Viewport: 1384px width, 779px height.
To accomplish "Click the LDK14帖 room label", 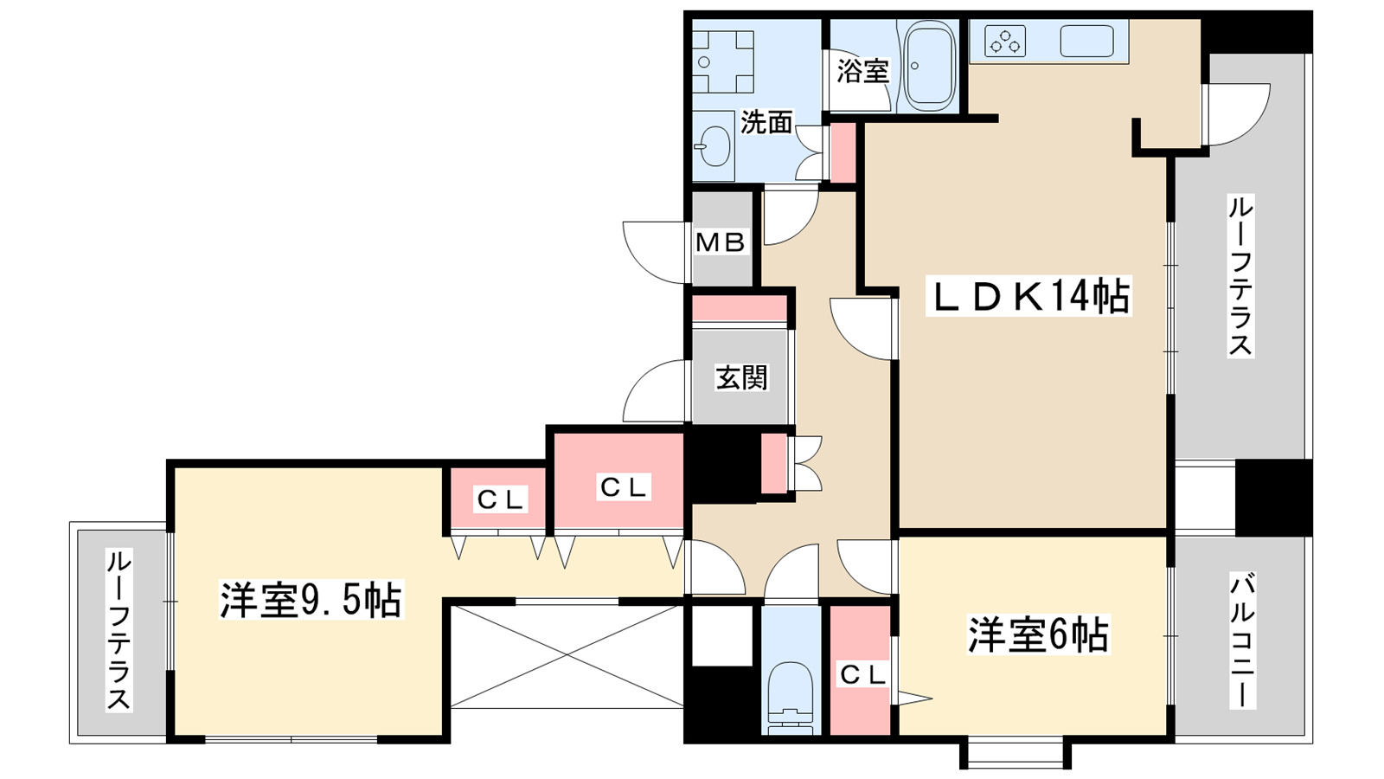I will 1028,297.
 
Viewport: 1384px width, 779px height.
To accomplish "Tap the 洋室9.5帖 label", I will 310,600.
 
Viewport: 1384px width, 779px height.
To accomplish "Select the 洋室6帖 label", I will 1037,635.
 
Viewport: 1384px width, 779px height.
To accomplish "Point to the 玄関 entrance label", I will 741,377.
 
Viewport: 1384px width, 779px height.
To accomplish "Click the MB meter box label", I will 721,243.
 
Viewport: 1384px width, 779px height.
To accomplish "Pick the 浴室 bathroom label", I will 862,71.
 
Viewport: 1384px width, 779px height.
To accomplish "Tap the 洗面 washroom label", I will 766,123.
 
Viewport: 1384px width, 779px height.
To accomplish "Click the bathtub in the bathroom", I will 929,66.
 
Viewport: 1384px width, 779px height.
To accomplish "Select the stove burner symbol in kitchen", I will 1004,42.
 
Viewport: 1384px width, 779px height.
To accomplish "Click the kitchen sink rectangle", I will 1086,42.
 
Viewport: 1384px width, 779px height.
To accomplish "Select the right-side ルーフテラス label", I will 1240,275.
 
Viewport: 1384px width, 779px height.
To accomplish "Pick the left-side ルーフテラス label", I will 119,629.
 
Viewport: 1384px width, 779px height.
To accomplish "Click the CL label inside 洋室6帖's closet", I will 862,674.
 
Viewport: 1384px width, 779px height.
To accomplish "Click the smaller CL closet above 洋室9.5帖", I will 500,499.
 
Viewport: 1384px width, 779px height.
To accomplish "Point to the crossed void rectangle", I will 566,656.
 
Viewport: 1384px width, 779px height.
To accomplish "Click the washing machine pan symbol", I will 722,61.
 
